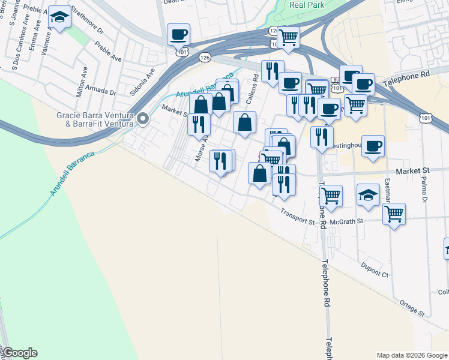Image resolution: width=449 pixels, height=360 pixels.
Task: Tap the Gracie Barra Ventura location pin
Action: click(143, 119)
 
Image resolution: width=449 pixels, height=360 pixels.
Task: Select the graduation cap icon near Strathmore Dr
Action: click(59, 17)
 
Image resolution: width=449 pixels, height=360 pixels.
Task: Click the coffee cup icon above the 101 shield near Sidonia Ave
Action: click(178, 34)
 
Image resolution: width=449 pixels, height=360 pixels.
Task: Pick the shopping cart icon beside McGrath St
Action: click(393, 214)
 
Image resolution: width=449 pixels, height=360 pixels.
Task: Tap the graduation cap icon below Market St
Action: click(368, 194)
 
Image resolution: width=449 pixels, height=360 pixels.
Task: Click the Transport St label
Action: click(298, 217)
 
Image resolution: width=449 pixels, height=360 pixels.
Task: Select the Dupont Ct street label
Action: click(375, 268)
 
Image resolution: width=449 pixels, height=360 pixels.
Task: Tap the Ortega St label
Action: click(411, 309)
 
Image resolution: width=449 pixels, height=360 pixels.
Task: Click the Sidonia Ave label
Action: click(142, 82)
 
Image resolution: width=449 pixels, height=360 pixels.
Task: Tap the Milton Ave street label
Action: click(81, 80)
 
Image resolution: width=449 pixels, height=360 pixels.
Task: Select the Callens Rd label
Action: click(255, 85)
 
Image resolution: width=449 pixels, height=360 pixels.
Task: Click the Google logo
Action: click(19, 353)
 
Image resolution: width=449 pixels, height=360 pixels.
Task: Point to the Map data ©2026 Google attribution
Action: click(411, 355)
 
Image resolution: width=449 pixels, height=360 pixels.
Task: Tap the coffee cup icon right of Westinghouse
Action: click(373, 146)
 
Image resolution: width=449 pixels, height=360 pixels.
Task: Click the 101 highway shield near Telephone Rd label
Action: click(425, 118)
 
